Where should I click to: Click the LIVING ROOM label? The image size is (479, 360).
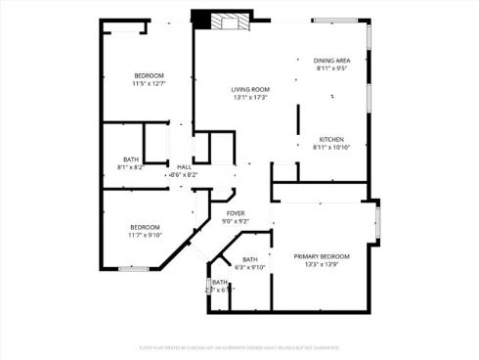[250, 89]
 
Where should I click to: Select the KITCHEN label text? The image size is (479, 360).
[330, 139]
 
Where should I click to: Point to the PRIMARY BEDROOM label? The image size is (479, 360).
[321, 256]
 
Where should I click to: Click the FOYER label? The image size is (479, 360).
[236, 212]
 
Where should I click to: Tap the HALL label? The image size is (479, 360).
[184, 166]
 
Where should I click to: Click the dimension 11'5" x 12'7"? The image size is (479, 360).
[149, 84]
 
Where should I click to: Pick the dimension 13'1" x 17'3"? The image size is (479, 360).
[250, 98]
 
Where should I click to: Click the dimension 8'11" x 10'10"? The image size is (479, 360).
[330, 148]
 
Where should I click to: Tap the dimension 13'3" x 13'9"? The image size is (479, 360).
[321, 264]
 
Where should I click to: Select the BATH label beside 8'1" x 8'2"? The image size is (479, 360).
[130, 159]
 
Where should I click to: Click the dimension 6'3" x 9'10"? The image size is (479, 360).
[250, 267]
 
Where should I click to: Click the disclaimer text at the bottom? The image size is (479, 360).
[239, 346]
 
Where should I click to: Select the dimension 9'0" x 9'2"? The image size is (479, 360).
[236, 221]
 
